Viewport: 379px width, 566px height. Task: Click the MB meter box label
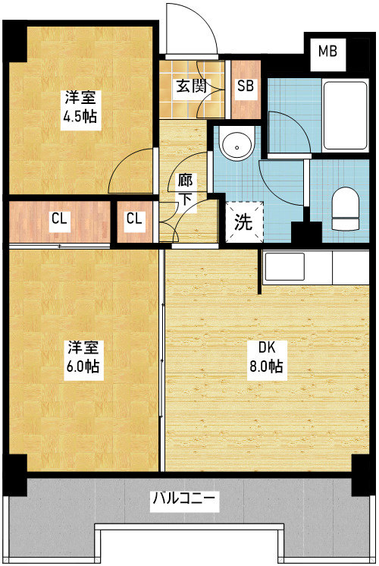pos(327,52)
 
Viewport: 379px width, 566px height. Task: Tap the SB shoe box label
pos(246,86)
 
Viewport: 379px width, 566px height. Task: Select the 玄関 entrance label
pos(191,86)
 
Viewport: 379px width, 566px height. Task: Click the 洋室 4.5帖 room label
pos(80,107)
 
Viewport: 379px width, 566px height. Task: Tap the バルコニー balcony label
pos(184,498)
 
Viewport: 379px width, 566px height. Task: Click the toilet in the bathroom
pos(346,209)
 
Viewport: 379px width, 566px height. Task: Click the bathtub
pos(346,115)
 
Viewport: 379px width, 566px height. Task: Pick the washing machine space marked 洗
pos(245,222)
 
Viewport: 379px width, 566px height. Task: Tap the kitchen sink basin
pos(284,267)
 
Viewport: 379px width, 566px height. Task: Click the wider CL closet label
pos(59,219)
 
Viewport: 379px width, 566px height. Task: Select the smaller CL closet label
pos(134,219)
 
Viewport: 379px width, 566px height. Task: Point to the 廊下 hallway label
pos(185,190)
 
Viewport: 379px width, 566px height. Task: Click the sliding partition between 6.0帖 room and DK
pos(162,360)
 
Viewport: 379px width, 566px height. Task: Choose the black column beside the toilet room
pos(306,232)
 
